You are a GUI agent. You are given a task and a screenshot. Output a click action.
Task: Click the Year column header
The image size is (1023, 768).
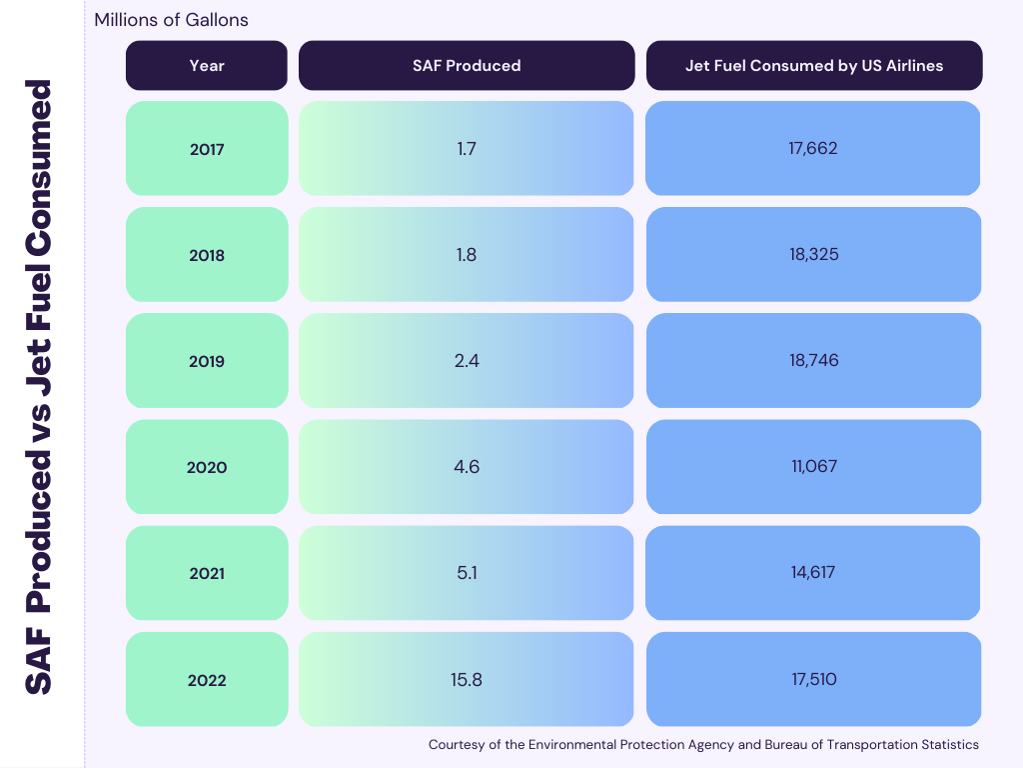click(207, 66)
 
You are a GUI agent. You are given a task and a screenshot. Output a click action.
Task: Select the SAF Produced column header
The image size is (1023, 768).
click(467, 66)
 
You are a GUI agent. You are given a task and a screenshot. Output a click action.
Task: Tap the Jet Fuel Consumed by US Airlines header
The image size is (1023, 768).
click(814, 66)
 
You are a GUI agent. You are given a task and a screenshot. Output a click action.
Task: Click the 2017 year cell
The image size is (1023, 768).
click(207, 149)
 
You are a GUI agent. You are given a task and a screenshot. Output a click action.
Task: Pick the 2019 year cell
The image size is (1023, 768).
click(207, 361)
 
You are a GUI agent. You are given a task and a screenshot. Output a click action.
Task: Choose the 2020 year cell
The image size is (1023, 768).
click(207, 467)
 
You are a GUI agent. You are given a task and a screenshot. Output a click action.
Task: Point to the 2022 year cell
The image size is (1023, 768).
click(207, 680)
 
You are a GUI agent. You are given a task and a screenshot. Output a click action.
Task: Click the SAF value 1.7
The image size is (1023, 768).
click(467, 149)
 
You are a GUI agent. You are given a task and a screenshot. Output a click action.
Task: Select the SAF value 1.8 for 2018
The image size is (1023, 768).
click(467, 255)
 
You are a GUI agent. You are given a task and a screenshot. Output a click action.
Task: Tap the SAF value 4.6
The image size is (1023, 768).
click(467, 467)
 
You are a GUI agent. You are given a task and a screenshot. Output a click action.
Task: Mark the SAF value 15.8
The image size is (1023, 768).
click(467, 680)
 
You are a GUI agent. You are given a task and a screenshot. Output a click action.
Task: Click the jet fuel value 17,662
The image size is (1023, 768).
click(813, 149)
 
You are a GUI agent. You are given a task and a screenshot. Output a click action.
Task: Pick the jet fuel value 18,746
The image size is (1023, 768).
click(813, 361)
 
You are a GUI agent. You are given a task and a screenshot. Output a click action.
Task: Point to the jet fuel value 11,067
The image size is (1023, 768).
click(813, 467)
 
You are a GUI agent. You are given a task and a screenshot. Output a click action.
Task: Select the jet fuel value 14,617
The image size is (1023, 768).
click(813, 573)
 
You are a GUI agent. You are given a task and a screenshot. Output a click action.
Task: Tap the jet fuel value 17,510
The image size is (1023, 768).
click(813, 680)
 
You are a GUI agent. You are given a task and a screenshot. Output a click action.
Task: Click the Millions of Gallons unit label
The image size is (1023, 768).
click(171, 20)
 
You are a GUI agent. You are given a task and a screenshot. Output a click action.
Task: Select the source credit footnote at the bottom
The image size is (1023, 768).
click(703, 745)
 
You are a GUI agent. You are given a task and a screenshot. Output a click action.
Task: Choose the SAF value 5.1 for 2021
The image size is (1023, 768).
click(467, 573)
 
